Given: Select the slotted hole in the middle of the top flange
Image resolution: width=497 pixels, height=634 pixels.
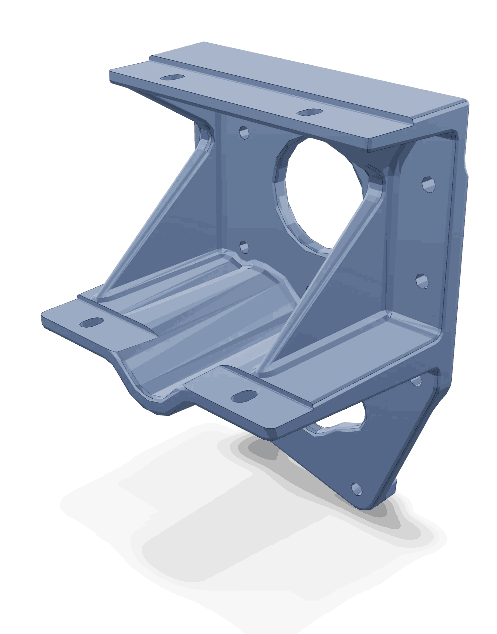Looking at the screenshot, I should [310, 112].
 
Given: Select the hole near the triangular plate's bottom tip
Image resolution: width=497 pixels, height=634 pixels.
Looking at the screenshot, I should [357, 489].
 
